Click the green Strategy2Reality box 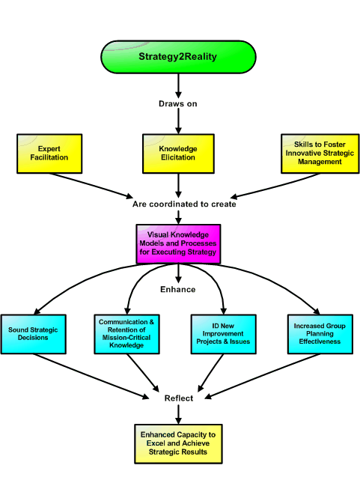178,57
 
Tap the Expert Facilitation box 49,154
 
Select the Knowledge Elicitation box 178,154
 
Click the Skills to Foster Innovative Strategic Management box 320,154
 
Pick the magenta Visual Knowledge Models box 178,244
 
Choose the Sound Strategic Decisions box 34,334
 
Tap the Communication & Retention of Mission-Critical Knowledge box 126,334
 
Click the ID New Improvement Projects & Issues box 224,334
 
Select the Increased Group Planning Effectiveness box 320,334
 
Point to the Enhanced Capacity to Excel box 178,443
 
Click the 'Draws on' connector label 178,104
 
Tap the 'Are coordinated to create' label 184,204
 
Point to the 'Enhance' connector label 178,289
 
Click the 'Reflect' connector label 179,398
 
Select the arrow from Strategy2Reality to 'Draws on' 178,86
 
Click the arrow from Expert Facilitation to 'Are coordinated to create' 91,186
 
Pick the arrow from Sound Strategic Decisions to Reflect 91,377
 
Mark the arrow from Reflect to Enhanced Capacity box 179,414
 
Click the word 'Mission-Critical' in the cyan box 126,338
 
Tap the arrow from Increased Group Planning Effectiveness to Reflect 263,376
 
